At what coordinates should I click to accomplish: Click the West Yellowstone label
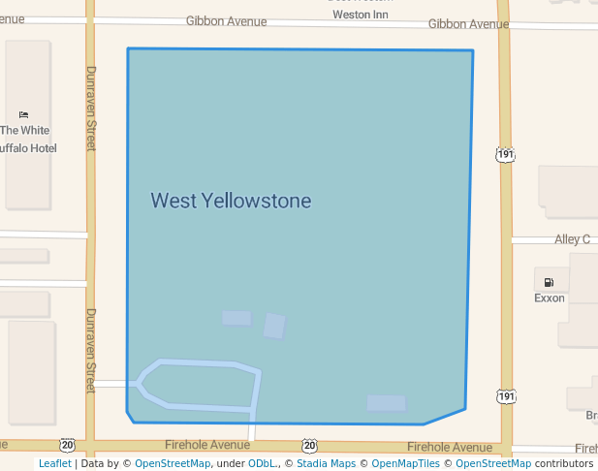231,202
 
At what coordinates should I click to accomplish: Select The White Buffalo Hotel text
25,139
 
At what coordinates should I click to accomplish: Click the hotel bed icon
24,115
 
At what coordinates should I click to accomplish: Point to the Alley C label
572,239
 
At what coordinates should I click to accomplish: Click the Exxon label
550,298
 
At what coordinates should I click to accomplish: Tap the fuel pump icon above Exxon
550,282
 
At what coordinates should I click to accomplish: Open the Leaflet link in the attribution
54,464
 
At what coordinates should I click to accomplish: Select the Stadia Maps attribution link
325,464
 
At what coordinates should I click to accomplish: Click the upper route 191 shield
505,154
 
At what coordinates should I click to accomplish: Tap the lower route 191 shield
505,396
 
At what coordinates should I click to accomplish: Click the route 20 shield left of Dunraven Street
66,446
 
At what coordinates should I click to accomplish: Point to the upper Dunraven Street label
91,109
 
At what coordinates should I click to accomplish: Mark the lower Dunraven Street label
91,344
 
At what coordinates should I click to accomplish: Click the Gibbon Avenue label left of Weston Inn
226,21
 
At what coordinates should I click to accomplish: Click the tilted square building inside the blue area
274,326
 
